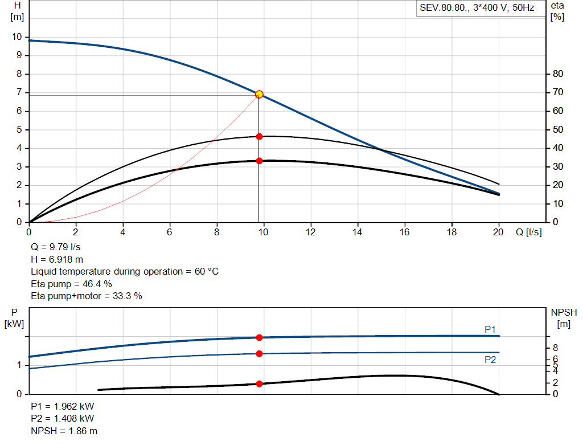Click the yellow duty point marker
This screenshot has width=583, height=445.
coord(259,94)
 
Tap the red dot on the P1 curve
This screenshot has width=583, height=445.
coord(259,337)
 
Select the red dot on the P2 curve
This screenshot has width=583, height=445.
coord(259,353)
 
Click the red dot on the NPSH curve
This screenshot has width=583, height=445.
coord(259,383)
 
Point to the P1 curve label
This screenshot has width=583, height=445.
coord(490,329)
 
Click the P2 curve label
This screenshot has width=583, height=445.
coord(490,360)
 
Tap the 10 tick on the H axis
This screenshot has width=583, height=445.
coord(17,37)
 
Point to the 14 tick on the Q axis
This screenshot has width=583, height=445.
coord(358,232)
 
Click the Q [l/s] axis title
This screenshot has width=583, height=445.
coord(529,232)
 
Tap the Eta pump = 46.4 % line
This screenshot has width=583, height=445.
coord(71,284)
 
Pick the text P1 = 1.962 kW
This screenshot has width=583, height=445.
coord(63,407)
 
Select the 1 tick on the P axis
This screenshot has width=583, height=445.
coord(19,365)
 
